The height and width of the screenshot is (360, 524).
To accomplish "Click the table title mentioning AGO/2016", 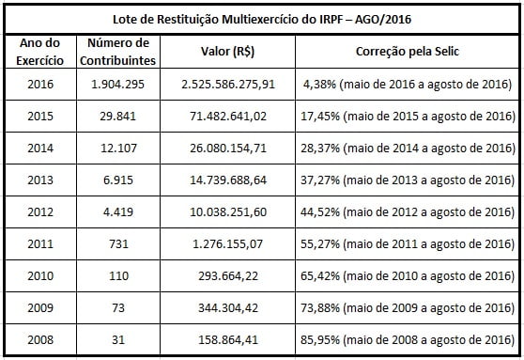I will click(262, 18).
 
